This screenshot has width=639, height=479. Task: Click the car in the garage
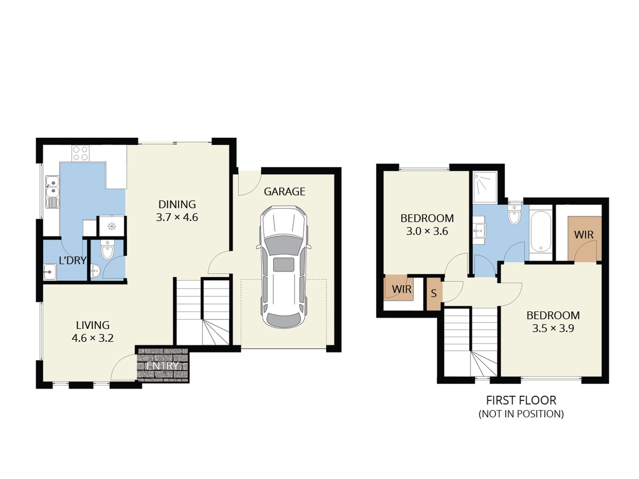coord(284,267)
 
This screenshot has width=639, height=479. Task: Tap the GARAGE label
coord(285,192)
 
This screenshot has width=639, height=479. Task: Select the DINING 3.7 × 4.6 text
coord(177,211)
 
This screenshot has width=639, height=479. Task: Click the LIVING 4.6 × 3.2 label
coord(92,331)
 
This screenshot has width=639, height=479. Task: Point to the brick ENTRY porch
coord(163,365)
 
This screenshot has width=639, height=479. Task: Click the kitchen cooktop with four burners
coord(80,154)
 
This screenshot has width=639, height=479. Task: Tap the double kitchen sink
coord(52,187)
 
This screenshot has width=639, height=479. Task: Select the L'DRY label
coord(72,260)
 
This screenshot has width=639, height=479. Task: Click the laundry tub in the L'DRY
coord(50,271)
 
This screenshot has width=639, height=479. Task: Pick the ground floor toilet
coord(107,250)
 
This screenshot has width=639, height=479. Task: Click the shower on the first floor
coord(485,188)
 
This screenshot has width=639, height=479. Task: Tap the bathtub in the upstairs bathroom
coord(541,232)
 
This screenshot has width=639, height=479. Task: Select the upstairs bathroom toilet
coord(514,215)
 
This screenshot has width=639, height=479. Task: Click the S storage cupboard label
coord(434,293)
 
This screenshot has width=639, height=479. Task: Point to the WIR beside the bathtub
coord(584,235)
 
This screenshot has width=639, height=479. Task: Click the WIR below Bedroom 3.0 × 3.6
coord(402,289)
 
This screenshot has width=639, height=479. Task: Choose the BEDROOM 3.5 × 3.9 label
coord(553,322)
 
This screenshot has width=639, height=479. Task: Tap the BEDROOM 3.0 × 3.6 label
coord(427,225)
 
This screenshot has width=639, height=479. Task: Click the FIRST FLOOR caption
coord(521,400)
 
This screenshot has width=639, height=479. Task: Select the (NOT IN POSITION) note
coord(521,414)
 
